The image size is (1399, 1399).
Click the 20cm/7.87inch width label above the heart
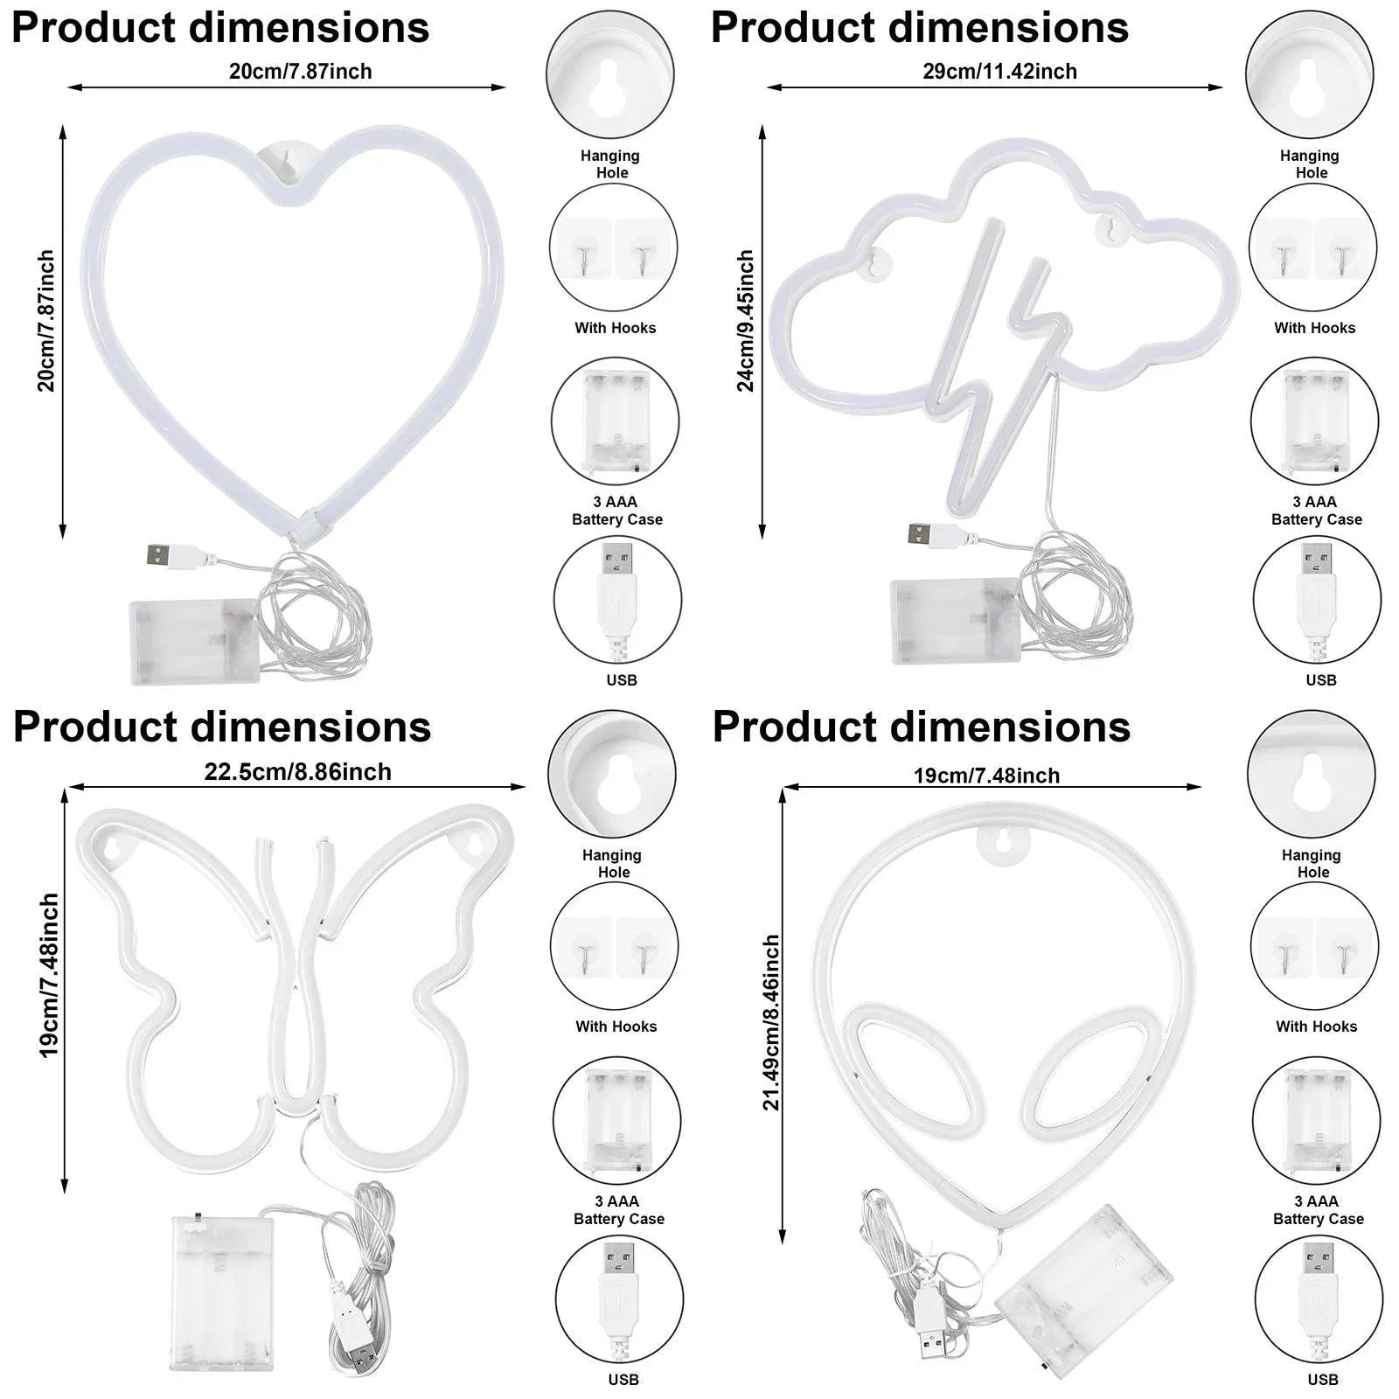(300, 71)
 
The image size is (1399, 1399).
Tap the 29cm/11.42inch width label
(999, 71)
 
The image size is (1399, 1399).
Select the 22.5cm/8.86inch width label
(297, 772)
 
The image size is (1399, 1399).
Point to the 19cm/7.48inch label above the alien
(986, 776)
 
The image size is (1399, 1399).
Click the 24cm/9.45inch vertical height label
(745, 320)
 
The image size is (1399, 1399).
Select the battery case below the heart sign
(193, 641)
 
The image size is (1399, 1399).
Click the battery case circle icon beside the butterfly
(616, 1121)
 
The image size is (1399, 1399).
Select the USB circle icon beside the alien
(1319, 1298)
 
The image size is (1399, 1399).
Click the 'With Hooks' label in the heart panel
(615, 328)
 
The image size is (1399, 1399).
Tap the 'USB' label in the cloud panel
(1321, 679)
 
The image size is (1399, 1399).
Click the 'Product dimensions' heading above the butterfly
(222, 727)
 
